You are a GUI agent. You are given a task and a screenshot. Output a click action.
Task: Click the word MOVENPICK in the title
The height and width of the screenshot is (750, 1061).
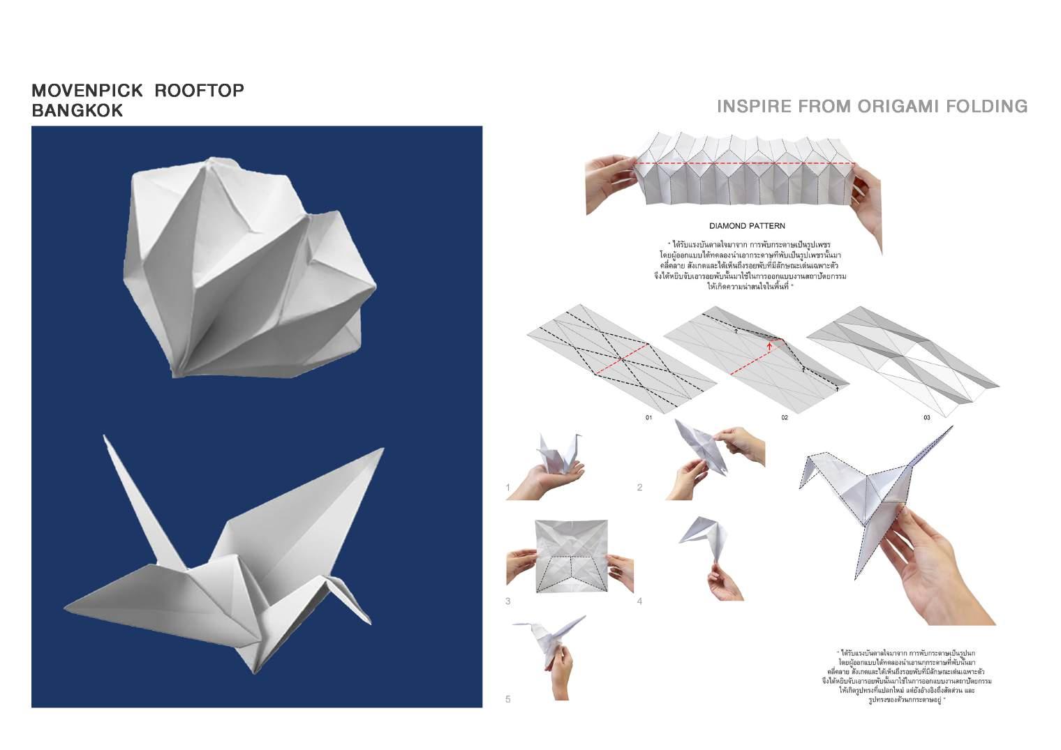[87, 91]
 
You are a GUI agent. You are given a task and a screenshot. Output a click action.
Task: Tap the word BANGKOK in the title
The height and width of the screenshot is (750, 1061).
[77, 110]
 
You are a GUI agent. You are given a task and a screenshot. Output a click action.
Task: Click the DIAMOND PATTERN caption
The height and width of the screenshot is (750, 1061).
[746, 226]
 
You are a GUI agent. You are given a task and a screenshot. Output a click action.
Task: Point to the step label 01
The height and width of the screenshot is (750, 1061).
[648, 417]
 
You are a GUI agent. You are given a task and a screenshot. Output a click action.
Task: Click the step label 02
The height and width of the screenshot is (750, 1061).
[785, 417]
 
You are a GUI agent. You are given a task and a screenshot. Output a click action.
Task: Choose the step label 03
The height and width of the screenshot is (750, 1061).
[926, 417]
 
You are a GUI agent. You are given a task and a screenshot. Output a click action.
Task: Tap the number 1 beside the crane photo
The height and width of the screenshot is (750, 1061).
[508, 488]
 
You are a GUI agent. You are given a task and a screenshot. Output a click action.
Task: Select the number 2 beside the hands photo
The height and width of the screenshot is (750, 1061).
[639, 488]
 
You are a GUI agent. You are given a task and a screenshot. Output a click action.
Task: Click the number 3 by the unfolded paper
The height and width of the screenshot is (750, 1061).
[508, 601]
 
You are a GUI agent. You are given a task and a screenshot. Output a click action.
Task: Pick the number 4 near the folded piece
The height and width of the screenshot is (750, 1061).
[639, 601]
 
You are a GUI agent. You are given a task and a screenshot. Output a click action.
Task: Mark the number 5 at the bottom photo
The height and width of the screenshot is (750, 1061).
[508, 699]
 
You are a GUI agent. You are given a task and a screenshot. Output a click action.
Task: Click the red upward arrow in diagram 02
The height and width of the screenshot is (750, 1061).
[769, 344]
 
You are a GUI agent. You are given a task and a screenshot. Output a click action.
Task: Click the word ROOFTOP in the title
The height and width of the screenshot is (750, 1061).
[199, 91]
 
